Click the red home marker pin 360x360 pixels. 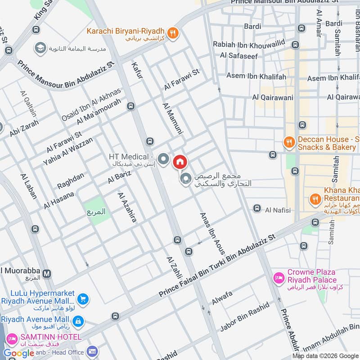(180, 162)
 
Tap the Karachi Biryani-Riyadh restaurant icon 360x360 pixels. (172, 32)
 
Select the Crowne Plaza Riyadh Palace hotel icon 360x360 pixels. (279, 278)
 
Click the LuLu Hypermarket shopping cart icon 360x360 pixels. (83, 299)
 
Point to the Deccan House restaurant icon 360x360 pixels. (288, 143)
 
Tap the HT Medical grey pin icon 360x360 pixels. (163, 159)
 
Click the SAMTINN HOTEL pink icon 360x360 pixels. (11, 337)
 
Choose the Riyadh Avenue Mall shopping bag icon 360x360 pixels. (78, 321)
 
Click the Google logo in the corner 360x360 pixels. (19, 353)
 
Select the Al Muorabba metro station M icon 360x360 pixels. (47, 273)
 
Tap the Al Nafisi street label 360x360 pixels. (278, 210)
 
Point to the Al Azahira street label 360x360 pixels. (126, 207)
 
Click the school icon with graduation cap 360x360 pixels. (40, 48)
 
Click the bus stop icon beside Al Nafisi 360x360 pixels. (257, 208)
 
